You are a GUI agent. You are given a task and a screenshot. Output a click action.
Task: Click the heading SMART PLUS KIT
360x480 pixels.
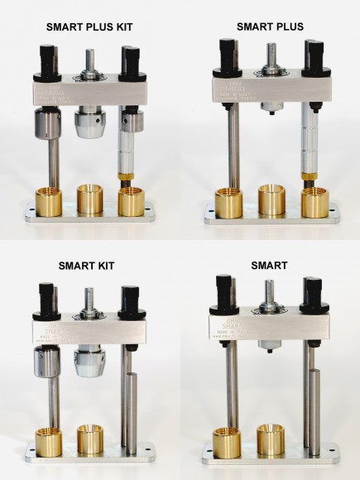click(x=90, y=27)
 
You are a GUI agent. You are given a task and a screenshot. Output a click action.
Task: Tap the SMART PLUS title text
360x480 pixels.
click(x=270, y=26)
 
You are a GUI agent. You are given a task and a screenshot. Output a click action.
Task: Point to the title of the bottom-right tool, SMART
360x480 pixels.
click(x=270, y=266)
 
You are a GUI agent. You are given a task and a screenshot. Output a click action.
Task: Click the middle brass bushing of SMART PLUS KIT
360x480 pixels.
click(x=93, y=199)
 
